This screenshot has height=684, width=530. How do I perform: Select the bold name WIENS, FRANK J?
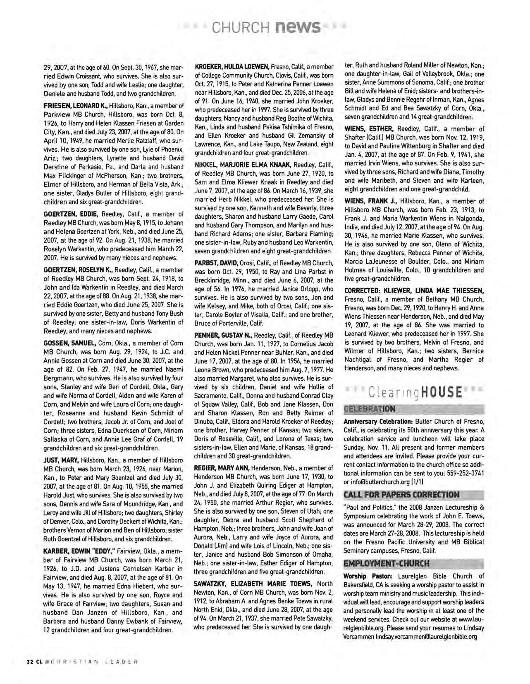coord(370,201)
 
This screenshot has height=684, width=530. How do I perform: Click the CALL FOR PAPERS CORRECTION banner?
coord(401,495)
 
